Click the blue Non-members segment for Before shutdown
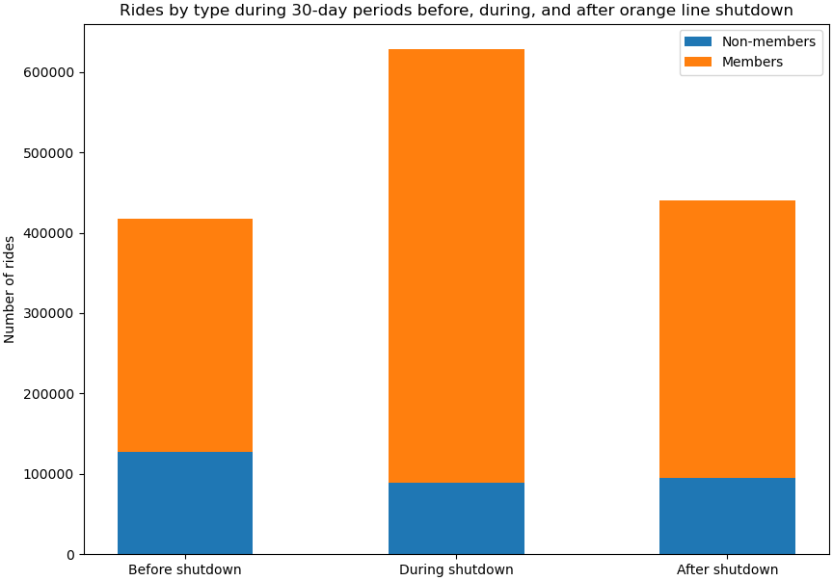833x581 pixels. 185,503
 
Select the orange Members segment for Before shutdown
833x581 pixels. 185,335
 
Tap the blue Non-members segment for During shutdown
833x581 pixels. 456,518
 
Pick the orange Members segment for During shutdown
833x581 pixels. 456,266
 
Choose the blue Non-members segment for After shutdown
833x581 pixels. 727,515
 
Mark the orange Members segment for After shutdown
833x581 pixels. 727,339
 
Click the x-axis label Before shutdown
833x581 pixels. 185,569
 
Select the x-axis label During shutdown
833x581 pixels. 456,569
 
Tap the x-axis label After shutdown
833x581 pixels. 727,569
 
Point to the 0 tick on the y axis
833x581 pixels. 70,555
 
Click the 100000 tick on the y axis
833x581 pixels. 51,474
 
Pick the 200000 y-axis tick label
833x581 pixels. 51,394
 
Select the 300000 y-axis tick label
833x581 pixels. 51,314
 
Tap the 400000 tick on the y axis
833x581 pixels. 51,233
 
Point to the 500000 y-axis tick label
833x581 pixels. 51,153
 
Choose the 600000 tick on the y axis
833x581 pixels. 51,73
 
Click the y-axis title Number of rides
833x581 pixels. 10,289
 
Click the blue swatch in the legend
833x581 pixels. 698,41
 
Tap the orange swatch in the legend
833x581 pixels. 698,62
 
